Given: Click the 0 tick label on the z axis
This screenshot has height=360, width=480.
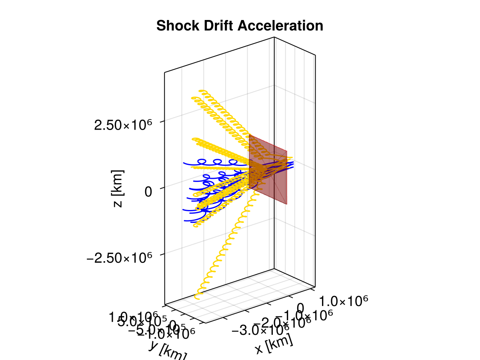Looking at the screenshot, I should click(148, 192).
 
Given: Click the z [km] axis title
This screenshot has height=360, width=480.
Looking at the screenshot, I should click(118, 188).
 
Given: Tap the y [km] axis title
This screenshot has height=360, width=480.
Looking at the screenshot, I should click(167, 351).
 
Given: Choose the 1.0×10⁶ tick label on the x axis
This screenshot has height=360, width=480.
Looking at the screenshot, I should click(344, 301).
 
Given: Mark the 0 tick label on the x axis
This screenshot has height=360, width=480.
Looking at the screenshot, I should click(301, 308).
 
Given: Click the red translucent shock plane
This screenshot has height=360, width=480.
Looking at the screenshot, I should click(268, 172).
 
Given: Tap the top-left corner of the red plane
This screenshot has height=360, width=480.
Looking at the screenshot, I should click(249, 135).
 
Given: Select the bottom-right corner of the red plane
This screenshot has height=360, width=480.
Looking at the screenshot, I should click(287, 204).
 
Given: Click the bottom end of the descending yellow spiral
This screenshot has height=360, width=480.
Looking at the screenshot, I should click(196, 297).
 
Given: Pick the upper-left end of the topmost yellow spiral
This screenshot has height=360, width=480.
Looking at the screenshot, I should click(200, 92).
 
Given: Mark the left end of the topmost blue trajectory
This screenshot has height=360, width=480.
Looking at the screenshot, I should click(184, 164).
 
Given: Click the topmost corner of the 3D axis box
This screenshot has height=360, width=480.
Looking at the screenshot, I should click(274, 37).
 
